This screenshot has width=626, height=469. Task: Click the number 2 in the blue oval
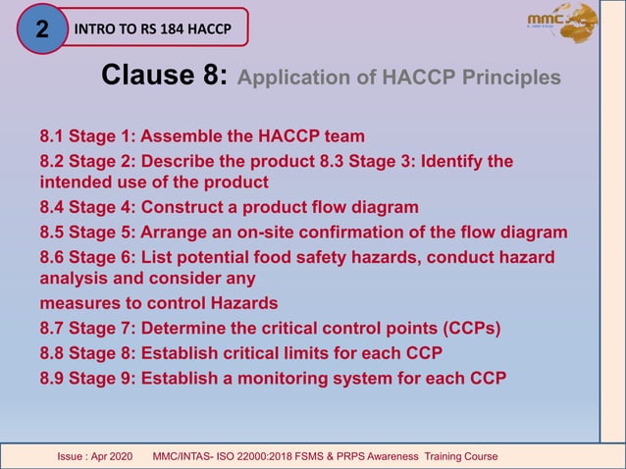42,28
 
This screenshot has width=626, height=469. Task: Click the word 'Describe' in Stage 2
180,160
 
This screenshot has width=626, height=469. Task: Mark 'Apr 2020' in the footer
114,457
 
